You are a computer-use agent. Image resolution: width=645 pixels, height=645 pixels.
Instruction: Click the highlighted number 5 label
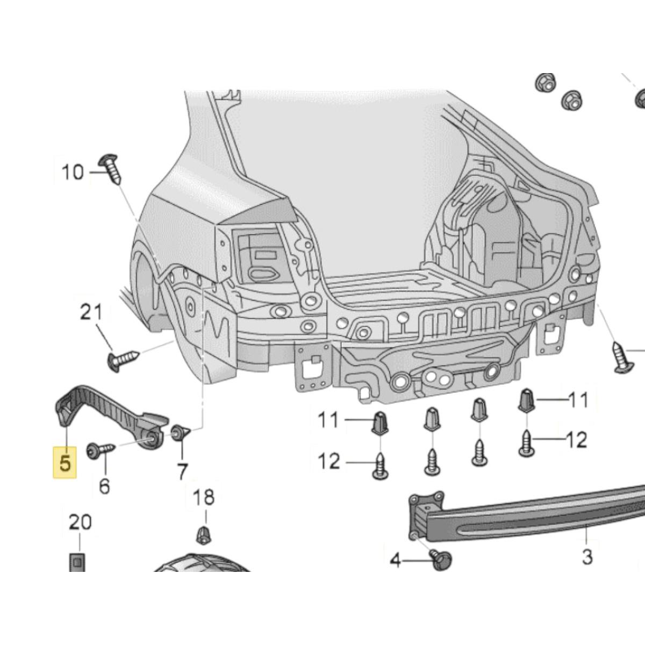pyautogui.click(x=64, y=463)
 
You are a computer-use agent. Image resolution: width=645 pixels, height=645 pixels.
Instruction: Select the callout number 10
pyautogui.click(x=73, y=173)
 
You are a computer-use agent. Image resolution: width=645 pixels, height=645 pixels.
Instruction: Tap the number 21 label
pyautogui.click(x=91, y=313)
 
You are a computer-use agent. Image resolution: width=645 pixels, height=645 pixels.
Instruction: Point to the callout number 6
pyautogui.click(x=104, y=486)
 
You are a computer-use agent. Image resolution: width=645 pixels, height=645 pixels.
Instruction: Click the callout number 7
pyautogui.click(x=183, y=471)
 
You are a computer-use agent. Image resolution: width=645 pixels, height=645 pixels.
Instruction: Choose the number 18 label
pyautogui.click(x=203, y=497)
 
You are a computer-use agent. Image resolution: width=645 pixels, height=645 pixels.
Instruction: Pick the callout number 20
pyautogui.click(x=80, y=522)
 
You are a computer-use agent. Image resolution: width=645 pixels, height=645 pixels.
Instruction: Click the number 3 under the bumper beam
pyautogui.click(x=587, y=556)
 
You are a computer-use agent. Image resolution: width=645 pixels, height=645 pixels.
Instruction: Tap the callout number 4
pyautogui.click(x=396, y=561)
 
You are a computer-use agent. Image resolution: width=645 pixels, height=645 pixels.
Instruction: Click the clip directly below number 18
pyautogui.click(x=203, y=534)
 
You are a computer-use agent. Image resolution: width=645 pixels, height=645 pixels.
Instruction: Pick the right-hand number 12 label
pyautogui.click(x=576, y=440)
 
